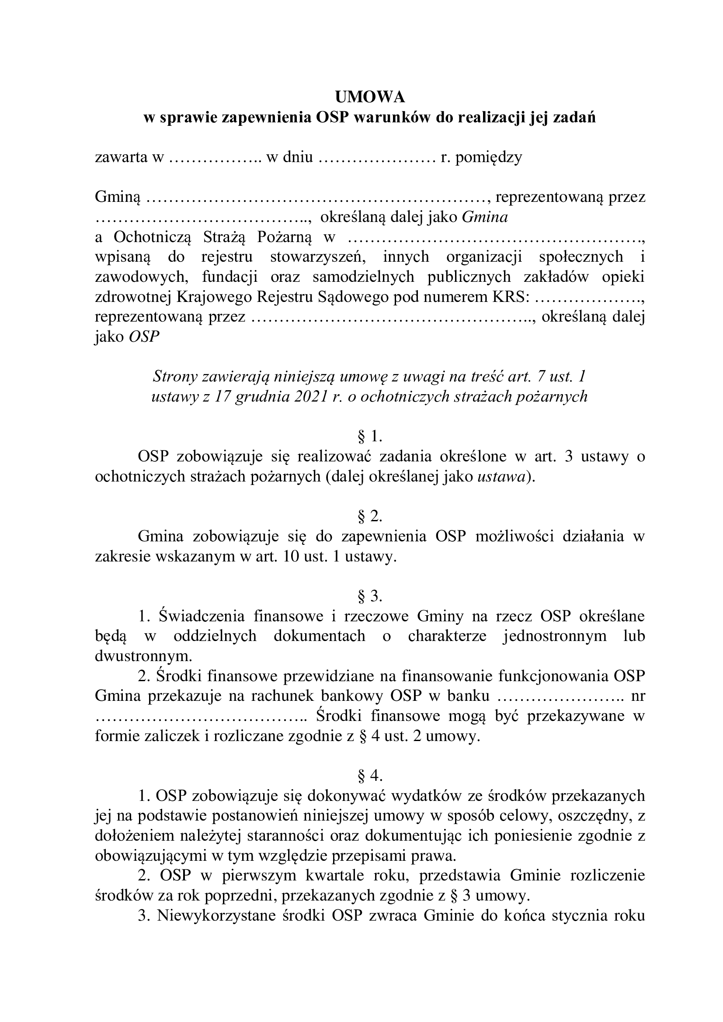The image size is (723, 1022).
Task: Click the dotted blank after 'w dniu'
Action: point(377,158)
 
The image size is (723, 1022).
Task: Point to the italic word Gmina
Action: point(485,217)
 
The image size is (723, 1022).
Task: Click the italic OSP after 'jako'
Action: point(144,336)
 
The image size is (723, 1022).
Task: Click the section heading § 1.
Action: point(370,437)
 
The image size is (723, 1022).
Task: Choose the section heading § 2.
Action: point(370,516)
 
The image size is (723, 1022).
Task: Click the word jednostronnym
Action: point(554,636)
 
